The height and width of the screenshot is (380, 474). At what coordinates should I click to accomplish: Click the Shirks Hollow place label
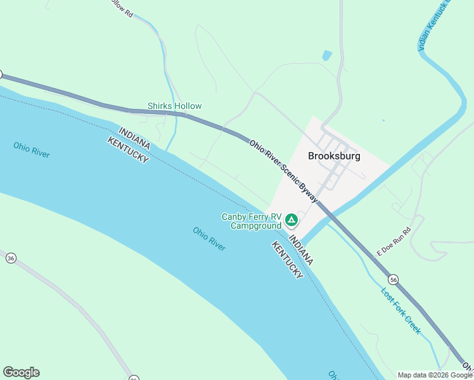click(x=174, y=106)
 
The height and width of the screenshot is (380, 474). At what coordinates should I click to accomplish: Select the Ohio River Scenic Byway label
click(x=283, y=171)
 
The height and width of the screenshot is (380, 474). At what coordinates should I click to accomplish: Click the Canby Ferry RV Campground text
click(x=251, y=221)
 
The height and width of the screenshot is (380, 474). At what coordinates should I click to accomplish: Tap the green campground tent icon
click(x=291, y=220)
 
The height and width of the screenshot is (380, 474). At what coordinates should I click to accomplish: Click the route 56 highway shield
click(x=394, y=279)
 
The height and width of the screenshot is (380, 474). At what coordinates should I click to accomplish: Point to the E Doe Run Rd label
click(x=394, y=242)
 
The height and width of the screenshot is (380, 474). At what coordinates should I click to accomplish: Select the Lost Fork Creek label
click(x=400, y=310)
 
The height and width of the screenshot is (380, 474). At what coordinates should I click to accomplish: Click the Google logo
click(x=21, y=372)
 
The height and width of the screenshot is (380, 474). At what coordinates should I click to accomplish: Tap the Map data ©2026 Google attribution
click(x=435, y=375)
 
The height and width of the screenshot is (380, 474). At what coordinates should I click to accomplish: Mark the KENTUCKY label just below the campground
click(x=287, y=258)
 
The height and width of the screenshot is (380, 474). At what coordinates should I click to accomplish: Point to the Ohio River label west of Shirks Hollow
click(x=32, y=149)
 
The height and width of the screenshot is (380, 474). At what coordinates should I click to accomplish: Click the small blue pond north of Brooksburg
click(x=326, y=56)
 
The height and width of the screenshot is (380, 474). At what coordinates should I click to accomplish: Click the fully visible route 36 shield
click(x=10, y=258)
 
